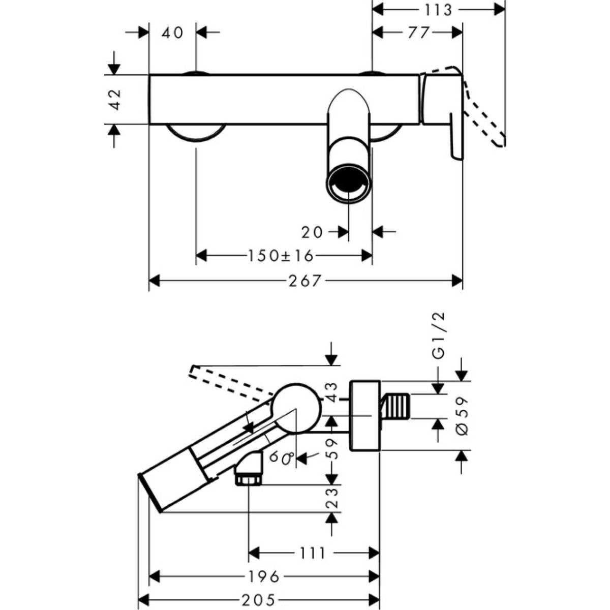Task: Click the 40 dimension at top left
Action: (172, 33)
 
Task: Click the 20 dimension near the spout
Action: (312, 232)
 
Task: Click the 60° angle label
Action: (281, 457)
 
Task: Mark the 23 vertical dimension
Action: (332, 499)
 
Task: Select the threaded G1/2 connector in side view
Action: (396, 406)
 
